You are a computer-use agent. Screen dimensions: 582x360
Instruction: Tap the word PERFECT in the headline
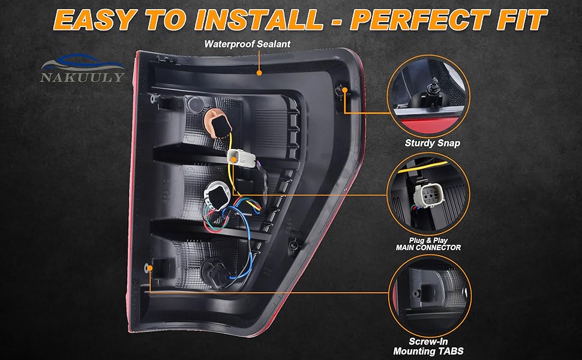point(419,19)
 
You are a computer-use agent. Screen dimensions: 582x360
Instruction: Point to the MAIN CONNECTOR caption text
point(428,247)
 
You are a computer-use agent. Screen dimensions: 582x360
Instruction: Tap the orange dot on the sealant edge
point(259,73)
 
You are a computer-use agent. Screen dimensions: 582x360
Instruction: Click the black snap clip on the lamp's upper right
point(340,91)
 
